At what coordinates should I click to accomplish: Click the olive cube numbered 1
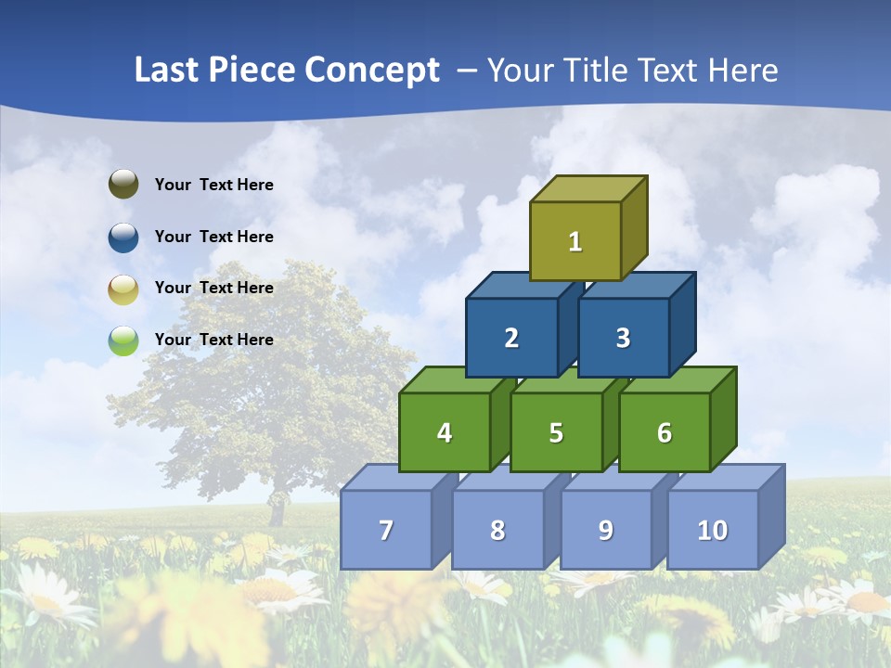pos(575,241)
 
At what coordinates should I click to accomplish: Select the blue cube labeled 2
pos(511,338)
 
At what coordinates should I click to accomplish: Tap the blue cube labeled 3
pos(623,338)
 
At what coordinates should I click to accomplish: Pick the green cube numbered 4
pos(445,432)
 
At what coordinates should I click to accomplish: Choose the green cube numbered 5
pos(556,432)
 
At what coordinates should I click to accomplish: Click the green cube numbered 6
pos(664,432)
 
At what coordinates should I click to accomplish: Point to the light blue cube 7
pos(386,530)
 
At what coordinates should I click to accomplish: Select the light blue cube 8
pos(497,530)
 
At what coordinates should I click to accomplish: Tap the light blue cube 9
pos(605,530)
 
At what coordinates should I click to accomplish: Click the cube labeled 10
pos(712,530)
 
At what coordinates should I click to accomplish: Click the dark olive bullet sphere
pos(123,185)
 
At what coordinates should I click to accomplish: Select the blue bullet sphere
pos(123,237)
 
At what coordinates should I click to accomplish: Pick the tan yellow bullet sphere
pos(123,289)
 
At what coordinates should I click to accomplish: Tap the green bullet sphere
pos(123,340)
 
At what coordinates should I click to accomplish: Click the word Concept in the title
pos(371,71)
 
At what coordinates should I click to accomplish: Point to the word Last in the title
pos(169,71)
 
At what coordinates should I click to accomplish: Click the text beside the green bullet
pos(214,340)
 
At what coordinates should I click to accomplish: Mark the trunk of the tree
pos(276,507)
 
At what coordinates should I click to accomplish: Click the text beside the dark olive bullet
pos(214,185)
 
